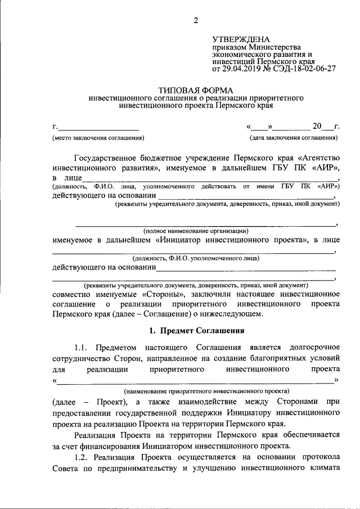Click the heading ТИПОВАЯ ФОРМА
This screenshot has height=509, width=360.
pyautogui.click(x=196, y=90)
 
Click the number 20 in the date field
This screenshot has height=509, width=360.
pyautogui.click(x=318, y=125)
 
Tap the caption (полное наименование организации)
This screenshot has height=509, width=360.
pyautogui.click(x=196, y=231)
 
